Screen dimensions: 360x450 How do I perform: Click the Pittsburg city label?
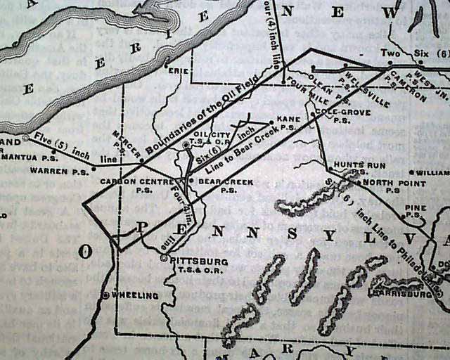click(199, 260)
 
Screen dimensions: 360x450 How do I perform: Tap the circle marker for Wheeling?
click(105, 295)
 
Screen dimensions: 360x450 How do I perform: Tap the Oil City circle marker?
click(186, 146)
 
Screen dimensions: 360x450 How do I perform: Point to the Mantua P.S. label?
click(28, 158)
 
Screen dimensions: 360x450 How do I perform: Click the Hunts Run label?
click(349, 165)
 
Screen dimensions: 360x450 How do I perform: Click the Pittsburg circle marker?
click(163, 259)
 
